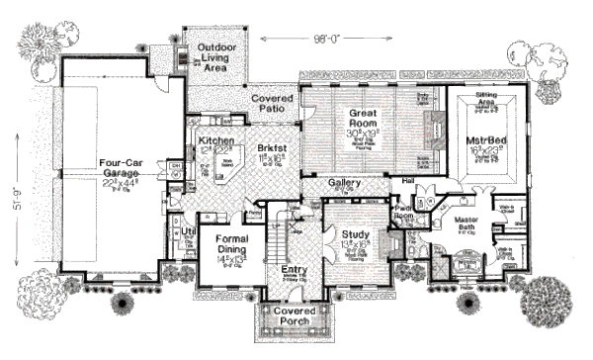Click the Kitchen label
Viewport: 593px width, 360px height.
[x=215, y=140]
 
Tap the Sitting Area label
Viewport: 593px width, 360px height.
[x=479, y=96]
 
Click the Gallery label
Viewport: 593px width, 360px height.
[x=343, y=184]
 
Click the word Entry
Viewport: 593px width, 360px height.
[x=296, y=268]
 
